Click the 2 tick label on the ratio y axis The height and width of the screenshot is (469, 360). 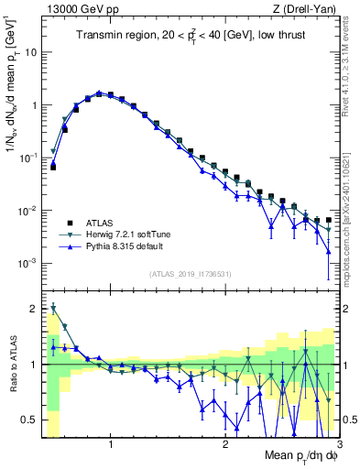(33, 309)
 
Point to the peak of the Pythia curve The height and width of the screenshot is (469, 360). (99, 93)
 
